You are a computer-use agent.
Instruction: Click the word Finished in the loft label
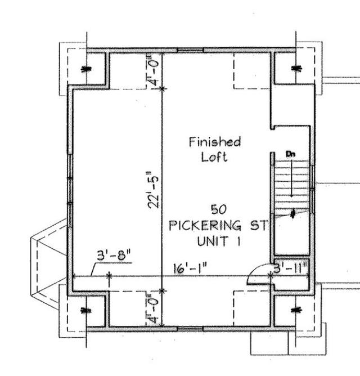click(215, 142)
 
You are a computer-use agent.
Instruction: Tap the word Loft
click(214, 157)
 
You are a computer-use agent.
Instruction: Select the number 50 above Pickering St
click(218, 209)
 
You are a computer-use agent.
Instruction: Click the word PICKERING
click(205, 226)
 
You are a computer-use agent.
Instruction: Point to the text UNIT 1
click(219, 241)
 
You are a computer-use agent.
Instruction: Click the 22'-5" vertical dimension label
click(153, 190)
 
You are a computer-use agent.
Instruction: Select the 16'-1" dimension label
click(190, 268)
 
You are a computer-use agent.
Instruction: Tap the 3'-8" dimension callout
click(114, 256)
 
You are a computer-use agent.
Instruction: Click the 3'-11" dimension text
click(290, 268)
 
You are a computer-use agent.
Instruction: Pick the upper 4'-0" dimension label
click(153, 70)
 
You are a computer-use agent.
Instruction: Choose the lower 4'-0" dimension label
click(153, 308)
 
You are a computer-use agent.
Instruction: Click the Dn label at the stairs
click(290, 154)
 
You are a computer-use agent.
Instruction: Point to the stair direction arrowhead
click(291, 195)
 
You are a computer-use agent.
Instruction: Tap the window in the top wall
click(190, 50)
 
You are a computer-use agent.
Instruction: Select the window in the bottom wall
click(190, 329)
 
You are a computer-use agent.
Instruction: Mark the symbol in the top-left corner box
click(87, 69)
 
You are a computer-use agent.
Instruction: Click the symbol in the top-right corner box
click(296, 68)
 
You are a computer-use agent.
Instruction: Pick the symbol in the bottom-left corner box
click(87, 311)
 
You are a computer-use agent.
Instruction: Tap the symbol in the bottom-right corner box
click(296, 310)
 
